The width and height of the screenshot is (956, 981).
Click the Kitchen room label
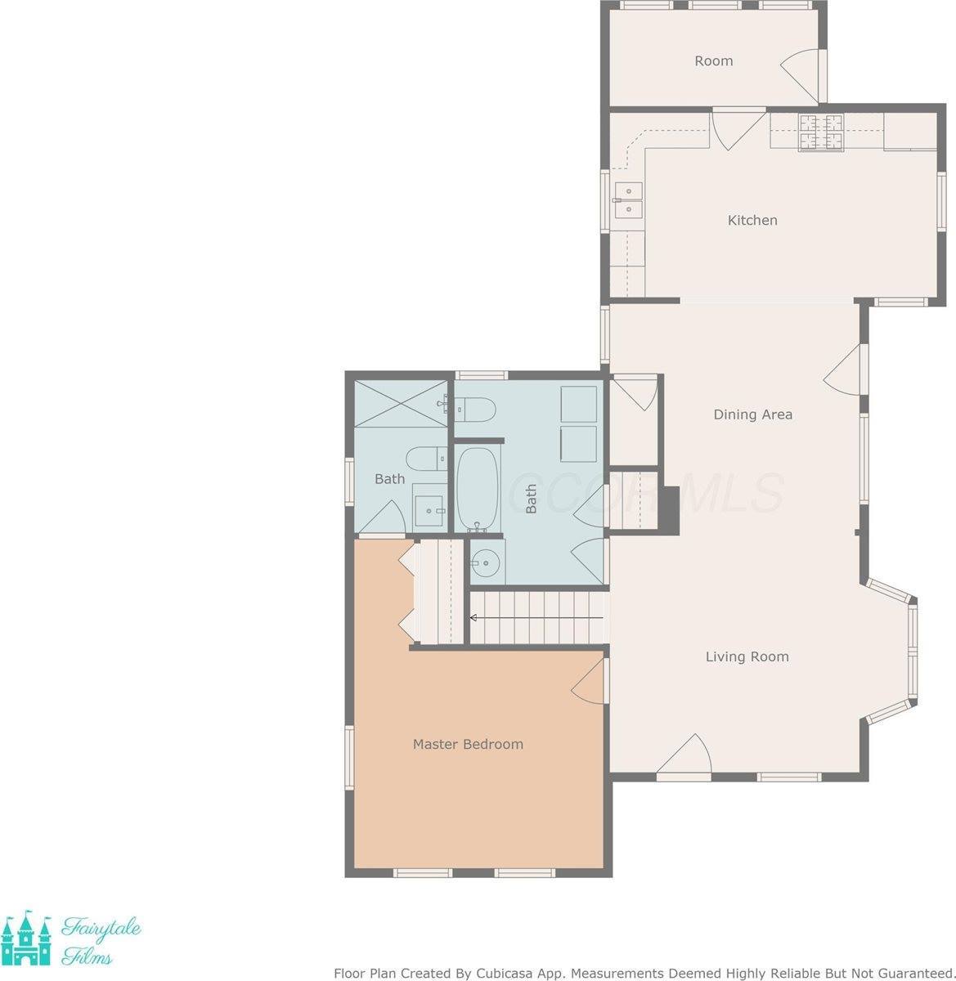pyautogui.click(x=752, y=220)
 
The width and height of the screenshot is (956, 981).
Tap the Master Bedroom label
pyautogui.click(x=468, y=744)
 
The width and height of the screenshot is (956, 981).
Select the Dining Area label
pyautogui.click(x=752, y=414)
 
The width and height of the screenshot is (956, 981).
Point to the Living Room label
pyautogui.click(x=747, y=656)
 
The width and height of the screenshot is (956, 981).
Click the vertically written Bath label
pyautogui.click(x=531, y=499)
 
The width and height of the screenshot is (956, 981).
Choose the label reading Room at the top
pyautogui.click(x=713, y=60)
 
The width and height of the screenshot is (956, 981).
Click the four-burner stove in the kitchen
pyautogui.click(x=820, y=132)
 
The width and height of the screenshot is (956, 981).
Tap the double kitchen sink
pyautogui.click(x=628, y=200)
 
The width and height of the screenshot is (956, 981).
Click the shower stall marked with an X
pyautogui.click(x=402, y=402)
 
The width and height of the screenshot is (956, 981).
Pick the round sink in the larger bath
pyautogui.click(x=487, y=562)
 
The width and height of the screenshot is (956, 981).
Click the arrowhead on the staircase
pyautogui.click(x=474, y=617)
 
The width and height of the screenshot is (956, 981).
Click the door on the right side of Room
pyautogui.click(x=803, y=74)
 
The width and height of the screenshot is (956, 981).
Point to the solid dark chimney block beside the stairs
pyautogui.click(x=668, y=510)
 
